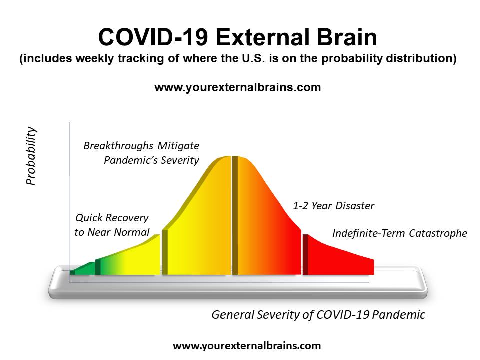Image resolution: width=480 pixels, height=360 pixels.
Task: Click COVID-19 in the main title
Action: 153,37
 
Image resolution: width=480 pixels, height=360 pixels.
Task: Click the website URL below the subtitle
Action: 238,87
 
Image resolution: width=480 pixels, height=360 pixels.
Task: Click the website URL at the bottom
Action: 247,346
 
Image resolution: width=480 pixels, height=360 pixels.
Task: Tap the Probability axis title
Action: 31,156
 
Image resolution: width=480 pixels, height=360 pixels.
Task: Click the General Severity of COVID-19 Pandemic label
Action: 318,315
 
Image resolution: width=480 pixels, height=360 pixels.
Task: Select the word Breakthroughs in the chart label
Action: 118,146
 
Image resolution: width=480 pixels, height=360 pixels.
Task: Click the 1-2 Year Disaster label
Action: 333,206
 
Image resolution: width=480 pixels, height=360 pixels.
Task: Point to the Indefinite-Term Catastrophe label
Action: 400,233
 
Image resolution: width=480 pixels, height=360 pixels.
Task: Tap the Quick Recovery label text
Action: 112,225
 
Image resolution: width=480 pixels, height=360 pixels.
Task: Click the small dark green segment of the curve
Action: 82,269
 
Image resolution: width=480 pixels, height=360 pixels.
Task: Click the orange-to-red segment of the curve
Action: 266,220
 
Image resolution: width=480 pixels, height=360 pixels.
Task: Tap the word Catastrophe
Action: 438,233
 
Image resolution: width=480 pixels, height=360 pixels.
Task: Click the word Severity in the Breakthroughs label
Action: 180,160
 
